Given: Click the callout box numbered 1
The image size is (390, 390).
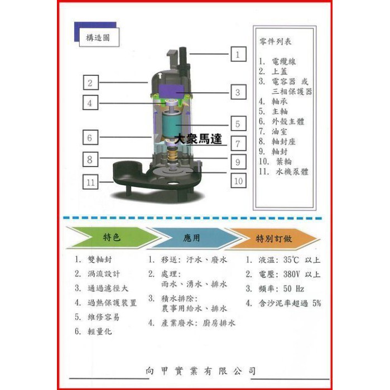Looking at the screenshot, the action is point(238,54).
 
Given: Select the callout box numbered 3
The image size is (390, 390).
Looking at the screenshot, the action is point(238,92).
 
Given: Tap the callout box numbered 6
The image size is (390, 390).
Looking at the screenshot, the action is point(90,137).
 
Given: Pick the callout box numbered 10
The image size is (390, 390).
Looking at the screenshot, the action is point(238,181).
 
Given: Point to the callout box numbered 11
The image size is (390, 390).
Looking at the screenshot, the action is point(90,182).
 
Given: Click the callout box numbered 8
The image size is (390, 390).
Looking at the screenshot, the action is point(90,159).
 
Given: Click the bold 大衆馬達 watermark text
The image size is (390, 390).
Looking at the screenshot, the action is point(198,139).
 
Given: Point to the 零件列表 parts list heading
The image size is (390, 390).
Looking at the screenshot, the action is point(275,41).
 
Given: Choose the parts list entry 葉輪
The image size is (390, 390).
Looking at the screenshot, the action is point(284,161).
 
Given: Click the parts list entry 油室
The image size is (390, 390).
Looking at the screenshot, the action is point(280,131).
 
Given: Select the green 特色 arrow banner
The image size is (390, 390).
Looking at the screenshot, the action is point(112,238).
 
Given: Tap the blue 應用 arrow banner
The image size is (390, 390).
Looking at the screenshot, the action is point(191,238).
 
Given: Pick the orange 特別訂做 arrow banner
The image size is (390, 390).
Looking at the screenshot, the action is point(273,239).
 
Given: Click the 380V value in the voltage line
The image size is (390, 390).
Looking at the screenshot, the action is point(291,274).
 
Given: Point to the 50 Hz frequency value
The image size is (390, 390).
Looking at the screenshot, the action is point(293,289).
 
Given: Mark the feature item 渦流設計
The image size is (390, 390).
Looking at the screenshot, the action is point(104,274).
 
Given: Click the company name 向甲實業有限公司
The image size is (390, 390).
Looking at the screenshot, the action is point(200,371).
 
